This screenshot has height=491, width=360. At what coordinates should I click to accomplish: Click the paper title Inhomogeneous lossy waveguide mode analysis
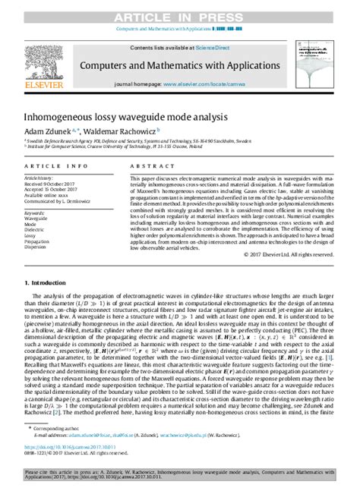pos(125,118)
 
